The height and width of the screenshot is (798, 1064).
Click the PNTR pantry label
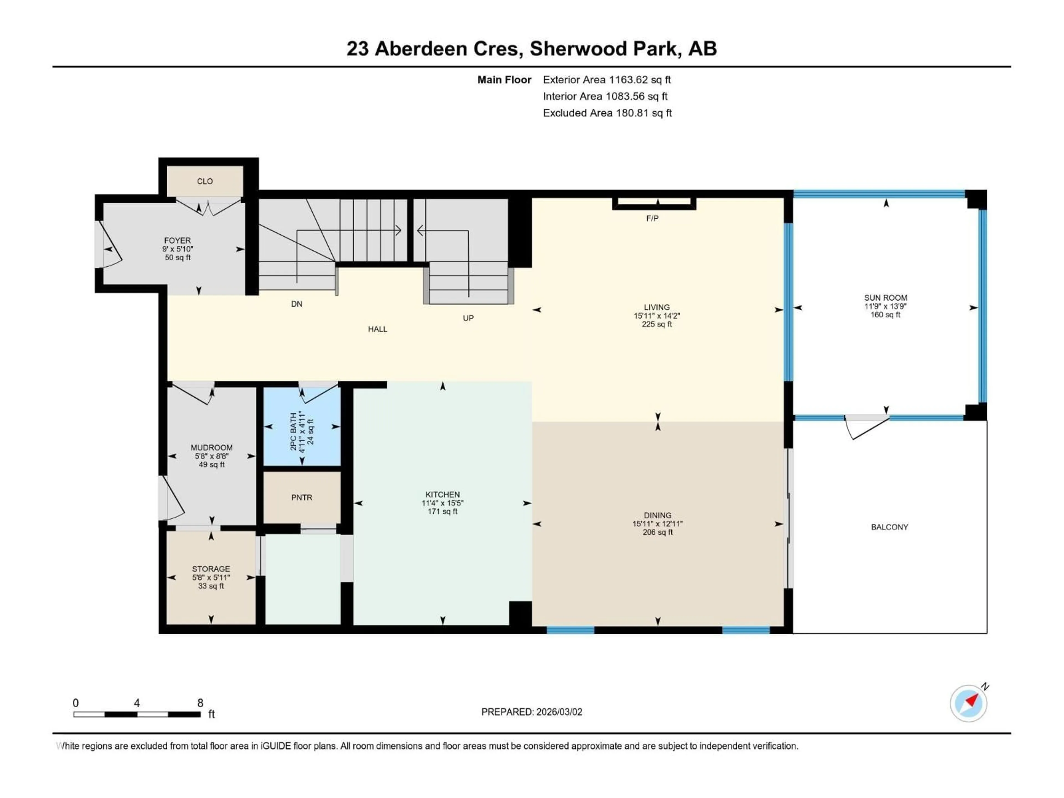pyautogui.click(x=301, y=497)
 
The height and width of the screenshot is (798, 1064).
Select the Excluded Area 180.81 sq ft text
pyautogui.click(x=607, y=113)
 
